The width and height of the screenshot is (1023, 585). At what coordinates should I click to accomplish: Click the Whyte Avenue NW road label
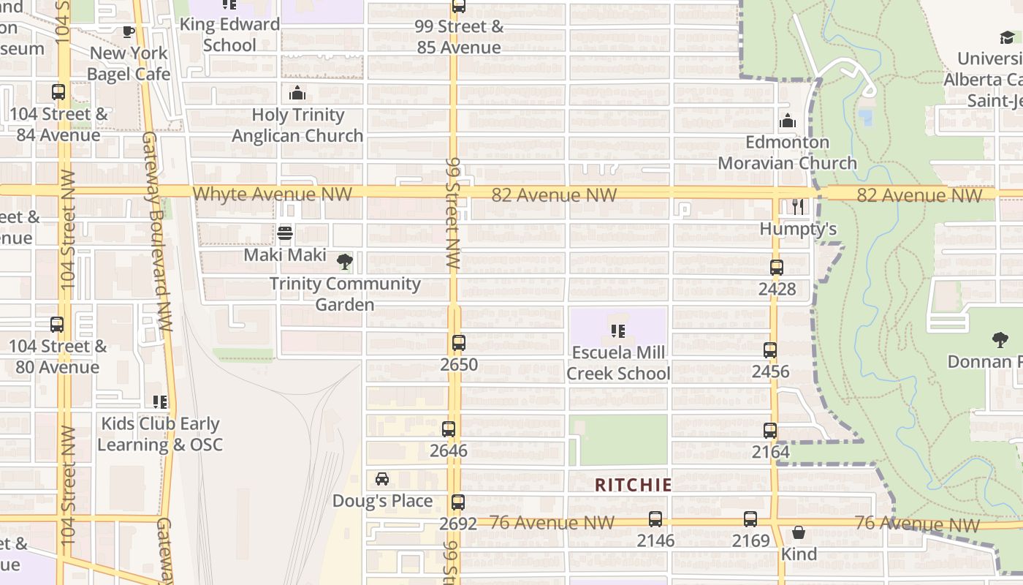273,194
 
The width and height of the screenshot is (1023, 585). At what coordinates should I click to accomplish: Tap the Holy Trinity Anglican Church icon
297,93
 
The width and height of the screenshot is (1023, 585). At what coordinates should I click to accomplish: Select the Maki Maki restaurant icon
285,233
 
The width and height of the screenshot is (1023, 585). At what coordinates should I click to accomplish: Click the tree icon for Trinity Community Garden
344,262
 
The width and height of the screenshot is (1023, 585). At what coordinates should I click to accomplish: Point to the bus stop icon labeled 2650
459,342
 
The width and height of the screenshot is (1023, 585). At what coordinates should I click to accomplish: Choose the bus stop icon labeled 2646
449,429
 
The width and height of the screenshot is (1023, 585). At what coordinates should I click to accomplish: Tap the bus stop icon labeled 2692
458,502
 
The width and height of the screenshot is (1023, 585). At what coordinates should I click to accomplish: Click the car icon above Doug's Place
382,479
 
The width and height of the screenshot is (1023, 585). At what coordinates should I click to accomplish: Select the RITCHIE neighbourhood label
633,485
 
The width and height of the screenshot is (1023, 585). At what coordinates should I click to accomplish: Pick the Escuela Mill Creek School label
618,363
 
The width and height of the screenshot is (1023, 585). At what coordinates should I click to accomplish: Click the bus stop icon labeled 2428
777,268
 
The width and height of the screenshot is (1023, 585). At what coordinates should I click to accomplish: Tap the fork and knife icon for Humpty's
798,207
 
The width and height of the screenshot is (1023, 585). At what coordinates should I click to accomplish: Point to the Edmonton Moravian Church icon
787,121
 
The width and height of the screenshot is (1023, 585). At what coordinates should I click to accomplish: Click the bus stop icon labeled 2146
655,519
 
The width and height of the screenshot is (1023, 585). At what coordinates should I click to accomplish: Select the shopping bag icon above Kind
799,532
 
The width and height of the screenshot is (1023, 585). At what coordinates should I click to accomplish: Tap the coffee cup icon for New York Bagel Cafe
129,31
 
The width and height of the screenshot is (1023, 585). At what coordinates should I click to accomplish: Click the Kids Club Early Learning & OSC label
160,434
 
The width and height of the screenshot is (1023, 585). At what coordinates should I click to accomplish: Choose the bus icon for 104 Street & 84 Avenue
58,93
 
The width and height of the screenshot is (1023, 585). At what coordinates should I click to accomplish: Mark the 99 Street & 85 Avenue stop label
459,37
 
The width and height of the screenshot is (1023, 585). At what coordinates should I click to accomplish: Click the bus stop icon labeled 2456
770,350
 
